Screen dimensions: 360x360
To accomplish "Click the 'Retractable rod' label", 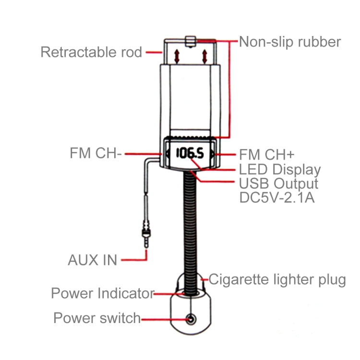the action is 91,52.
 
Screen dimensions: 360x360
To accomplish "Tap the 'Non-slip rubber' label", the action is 290,42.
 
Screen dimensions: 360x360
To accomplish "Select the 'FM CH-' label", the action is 96,153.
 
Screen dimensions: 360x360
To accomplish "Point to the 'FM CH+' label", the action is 266,155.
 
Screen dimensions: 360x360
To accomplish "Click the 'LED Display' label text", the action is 280,169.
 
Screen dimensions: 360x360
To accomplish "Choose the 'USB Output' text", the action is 278,184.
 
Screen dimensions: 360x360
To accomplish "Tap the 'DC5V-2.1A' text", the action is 276,197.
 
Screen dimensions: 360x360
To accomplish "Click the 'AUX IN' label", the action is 93,260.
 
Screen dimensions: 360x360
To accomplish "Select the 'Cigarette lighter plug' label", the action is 277,280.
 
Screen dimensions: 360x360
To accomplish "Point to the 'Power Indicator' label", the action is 103,293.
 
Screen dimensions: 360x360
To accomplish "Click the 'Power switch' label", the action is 97,318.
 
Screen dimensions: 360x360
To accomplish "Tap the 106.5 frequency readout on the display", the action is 190,153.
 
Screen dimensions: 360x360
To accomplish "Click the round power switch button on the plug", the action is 191,319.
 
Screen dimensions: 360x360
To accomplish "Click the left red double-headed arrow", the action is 177,57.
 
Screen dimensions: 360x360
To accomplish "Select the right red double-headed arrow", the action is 204,57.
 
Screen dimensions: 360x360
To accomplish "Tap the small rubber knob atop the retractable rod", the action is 191,42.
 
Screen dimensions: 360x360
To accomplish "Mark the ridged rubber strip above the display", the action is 190,138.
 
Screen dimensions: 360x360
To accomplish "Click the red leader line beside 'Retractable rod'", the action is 154,52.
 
